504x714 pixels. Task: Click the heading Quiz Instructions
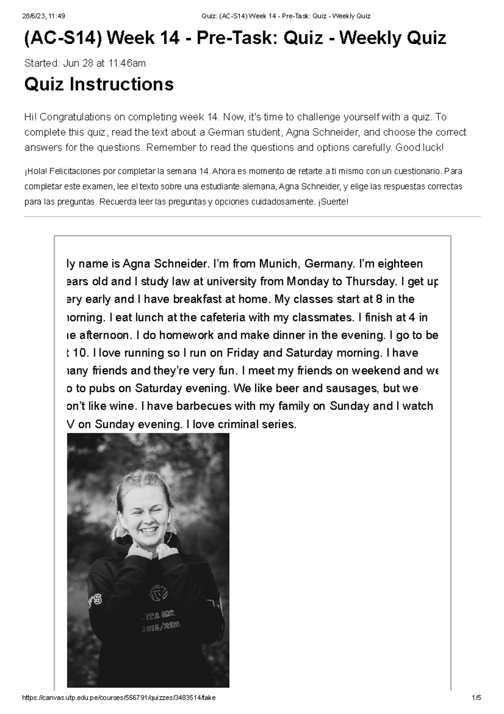tap(99, 84)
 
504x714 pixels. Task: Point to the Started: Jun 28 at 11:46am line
tap(85, 63)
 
